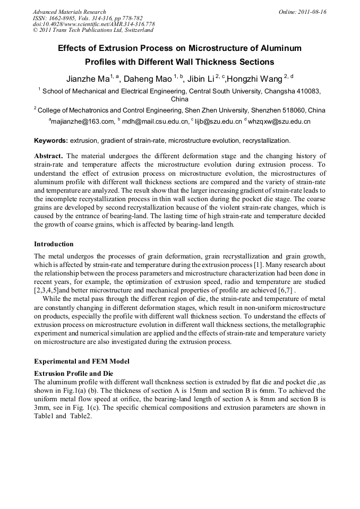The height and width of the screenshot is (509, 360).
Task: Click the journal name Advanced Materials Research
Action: click(x=69, y=12)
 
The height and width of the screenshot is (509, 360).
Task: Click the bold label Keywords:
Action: click(x=51, y=141)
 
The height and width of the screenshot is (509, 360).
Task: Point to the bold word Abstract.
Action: click(x=48, y=156)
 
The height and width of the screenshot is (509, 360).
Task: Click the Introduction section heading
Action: click(x=54, y=244)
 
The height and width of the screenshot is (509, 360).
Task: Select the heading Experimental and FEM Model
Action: click(x=82, y=361)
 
